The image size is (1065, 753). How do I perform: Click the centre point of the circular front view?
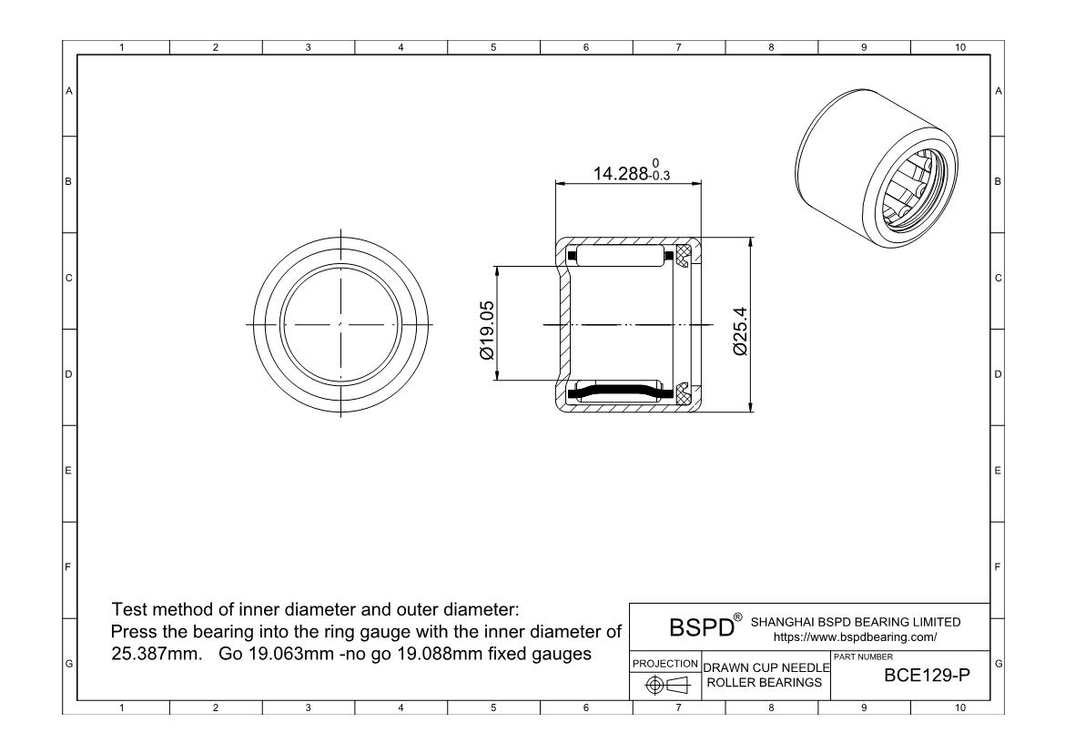[340, 324]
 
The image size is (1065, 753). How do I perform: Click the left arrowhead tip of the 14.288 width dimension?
[555, 183]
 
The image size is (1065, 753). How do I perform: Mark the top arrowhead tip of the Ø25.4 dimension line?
[751, 238]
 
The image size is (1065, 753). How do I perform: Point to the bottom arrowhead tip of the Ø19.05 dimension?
[498, 382]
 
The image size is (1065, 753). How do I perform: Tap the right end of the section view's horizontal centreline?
[715, 325]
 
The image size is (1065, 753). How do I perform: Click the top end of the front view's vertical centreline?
[340, 229]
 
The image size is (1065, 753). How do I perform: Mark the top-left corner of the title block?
[630, 604]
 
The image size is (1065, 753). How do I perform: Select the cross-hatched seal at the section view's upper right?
[683, 255]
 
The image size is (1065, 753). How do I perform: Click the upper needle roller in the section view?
[619, 255]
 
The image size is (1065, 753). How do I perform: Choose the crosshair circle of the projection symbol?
[654, 685]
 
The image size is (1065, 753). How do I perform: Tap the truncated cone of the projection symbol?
[678, 685]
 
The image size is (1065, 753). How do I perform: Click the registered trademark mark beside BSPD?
[737, 617]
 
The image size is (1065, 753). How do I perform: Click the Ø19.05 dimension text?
[486, 331]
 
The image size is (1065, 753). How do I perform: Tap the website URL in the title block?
[855, 637]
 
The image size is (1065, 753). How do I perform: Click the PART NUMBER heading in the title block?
[863, 657]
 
